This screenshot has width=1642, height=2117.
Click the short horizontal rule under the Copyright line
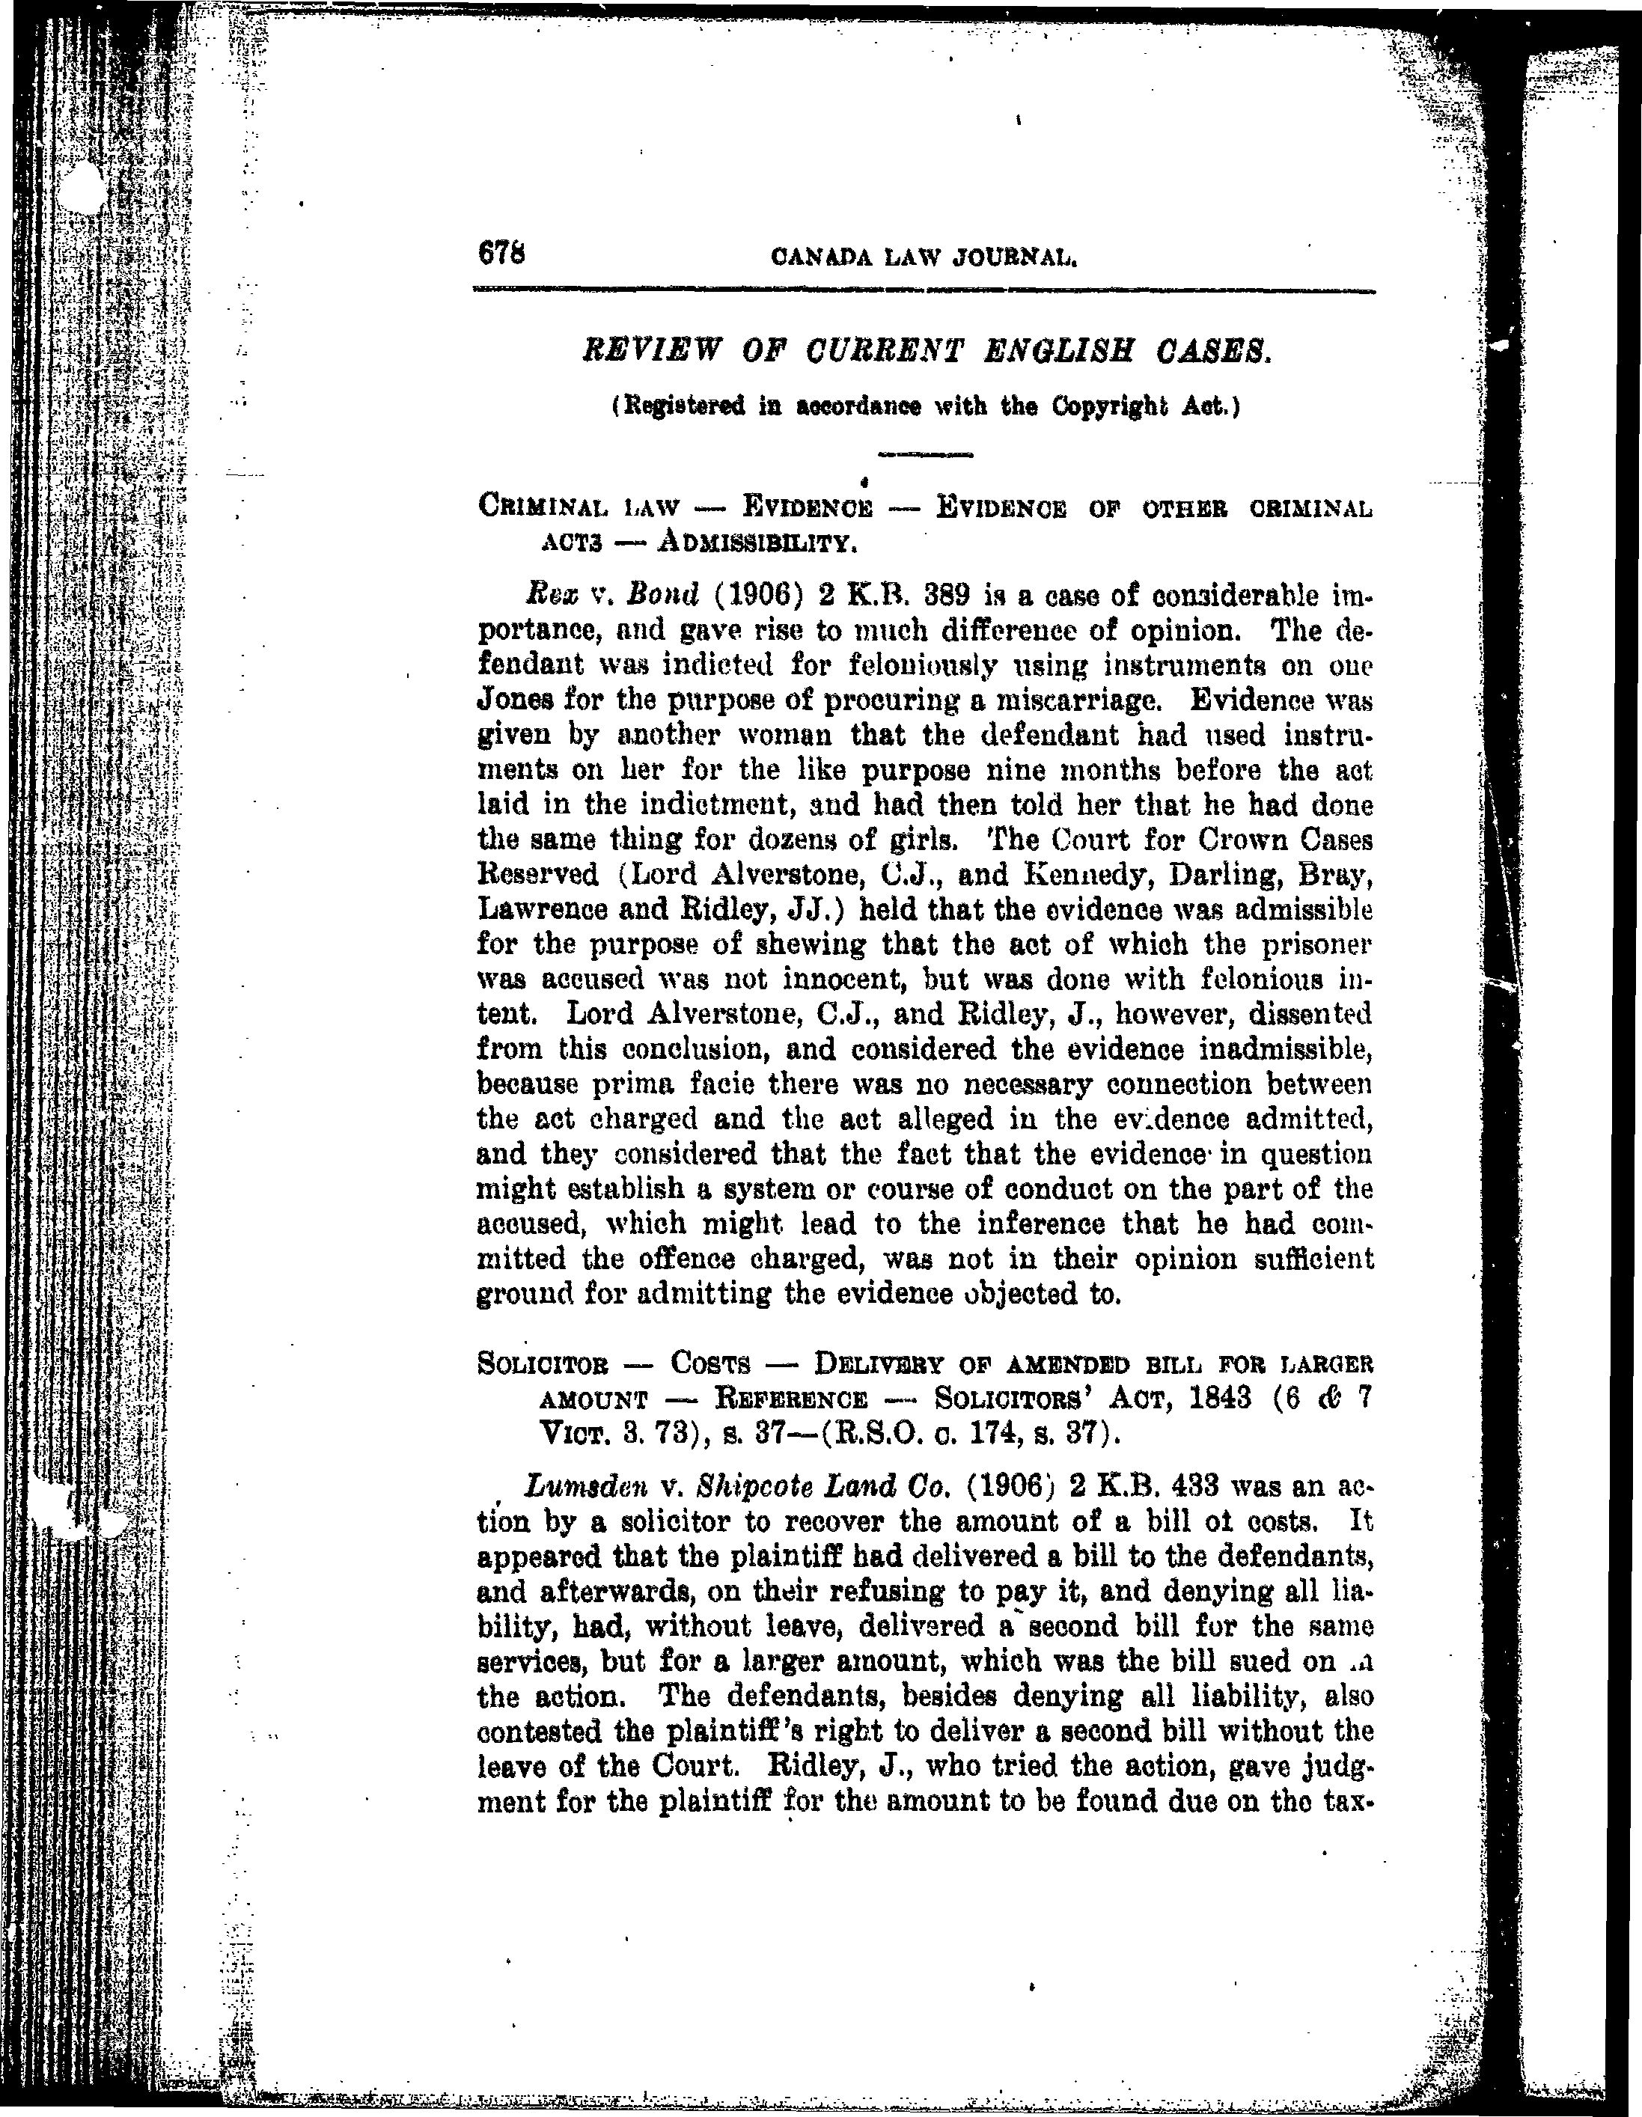[924, 453]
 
